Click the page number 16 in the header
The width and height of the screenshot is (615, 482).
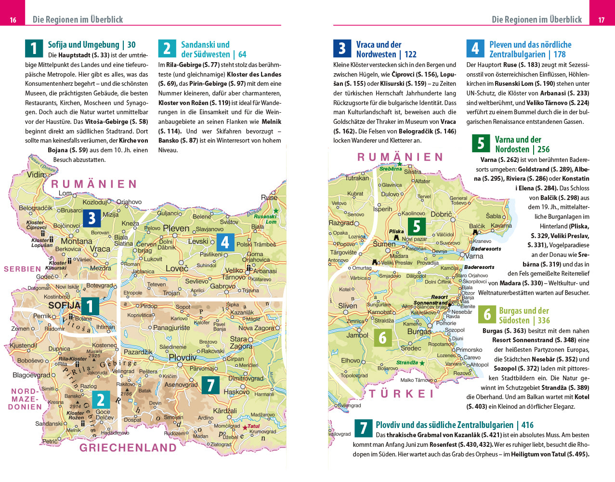(13, 20)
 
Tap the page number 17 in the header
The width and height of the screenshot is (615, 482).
(601, 20)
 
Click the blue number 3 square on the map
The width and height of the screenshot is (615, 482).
(92, 218)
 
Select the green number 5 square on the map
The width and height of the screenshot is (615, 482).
(417, 226)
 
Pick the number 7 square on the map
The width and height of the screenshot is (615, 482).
(210, 385)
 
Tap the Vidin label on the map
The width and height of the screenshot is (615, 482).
(36, 174)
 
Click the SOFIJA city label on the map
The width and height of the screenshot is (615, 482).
(64, 305)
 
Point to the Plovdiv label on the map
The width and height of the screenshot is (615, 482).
(183, 358)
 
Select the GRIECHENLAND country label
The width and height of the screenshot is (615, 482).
(128, 448)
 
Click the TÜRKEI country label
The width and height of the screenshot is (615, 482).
(402, 394)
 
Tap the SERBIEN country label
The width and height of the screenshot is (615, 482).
(22, 269)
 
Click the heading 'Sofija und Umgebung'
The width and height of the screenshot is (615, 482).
(83, 45)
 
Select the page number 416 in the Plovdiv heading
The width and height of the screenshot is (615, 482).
(527, 425)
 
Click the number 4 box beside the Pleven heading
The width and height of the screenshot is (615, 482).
(475, 49)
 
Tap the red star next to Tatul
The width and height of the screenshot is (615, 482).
(245, 428)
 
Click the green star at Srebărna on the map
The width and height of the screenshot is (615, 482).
(399, 164)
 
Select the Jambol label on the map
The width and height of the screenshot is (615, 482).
(357, 335)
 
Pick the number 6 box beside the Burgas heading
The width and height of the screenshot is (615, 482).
(487, 315)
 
